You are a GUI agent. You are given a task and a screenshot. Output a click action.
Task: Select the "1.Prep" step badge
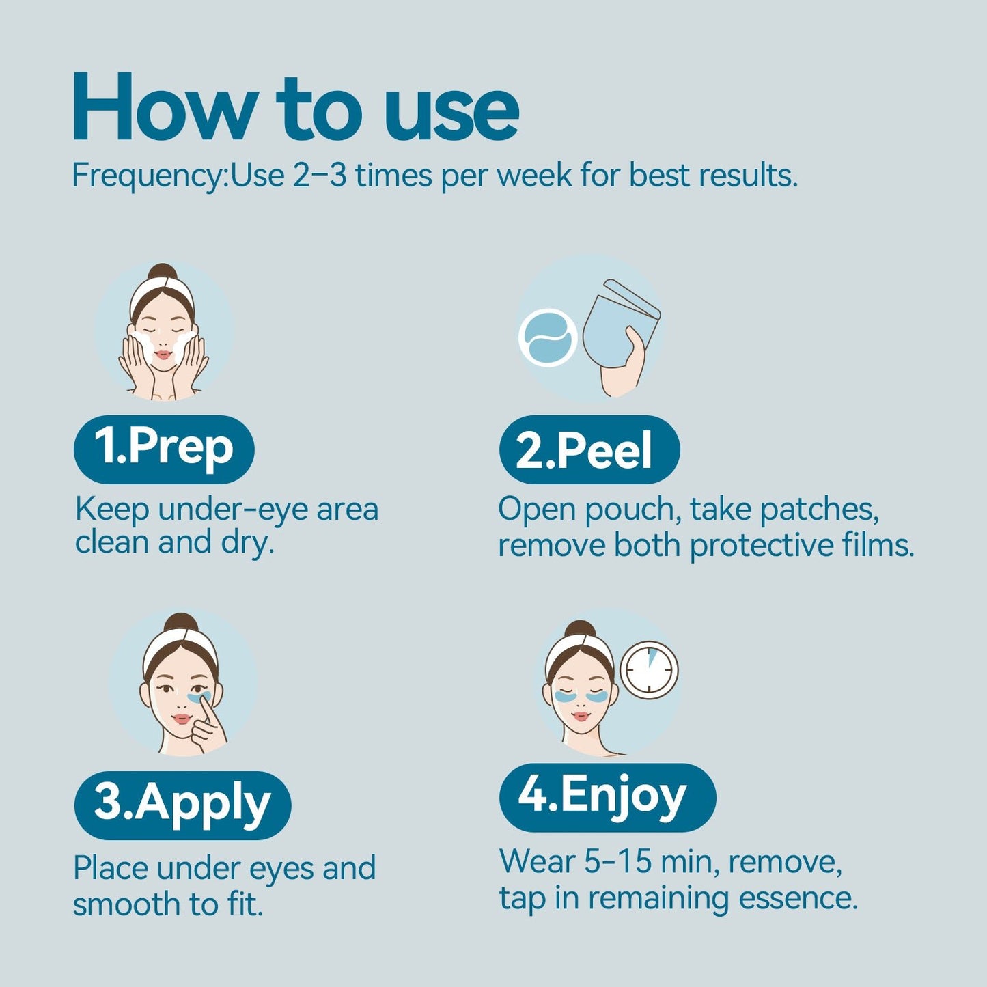[164, 449]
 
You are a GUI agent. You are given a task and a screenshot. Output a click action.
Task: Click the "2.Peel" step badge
[589, 449]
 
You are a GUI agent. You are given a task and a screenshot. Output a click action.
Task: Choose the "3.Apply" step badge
[182, 805]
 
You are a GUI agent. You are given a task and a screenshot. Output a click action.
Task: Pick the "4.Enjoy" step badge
[607, 796]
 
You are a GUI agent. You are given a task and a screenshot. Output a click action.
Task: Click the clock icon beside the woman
[649, 671]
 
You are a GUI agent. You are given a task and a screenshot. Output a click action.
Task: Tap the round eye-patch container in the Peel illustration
[548, 337]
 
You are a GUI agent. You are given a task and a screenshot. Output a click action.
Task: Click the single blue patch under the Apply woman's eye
[199, 697]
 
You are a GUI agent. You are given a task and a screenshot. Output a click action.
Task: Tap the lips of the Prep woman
[163, 355]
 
